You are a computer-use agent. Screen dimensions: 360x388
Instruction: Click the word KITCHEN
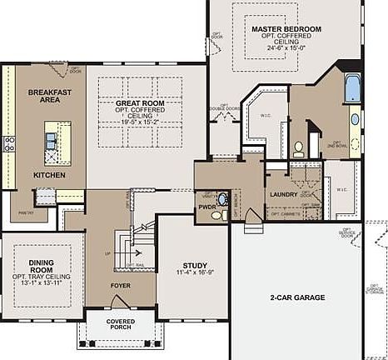(49, 176)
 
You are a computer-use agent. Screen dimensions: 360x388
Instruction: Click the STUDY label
(195, 264)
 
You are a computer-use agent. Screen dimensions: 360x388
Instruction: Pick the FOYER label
(121, 285)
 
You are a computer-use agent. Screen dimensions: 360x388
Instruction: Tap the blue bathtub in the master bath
(352, 87)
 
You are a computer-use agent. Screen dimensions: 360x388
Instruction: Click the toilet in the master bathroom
(298, 148)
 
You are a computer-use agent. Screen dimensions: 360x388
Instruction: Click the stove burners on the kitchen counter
(10, 142)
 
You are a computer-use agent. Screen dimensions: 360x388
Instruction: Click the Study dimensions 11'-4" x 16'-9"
(195, 272)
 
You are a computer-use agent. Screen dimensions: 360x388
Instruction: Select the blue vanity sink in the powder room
(216, 215)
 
